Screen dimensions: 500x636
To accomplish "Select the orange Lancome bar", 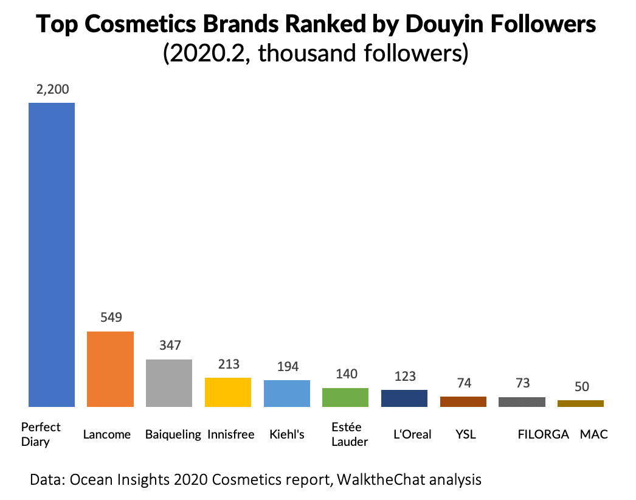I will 110,369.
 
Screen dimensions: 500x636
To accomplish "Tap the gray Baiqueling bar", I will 169,383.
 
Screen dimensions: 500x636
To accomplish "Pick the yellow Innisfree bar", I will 228,392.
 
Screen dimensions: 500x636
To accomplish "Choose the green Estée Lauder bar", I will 345,397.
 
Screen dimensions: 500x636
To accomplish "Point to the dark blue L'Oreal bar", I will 404,398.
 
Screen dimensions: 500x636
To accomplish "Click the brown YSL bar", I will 463,401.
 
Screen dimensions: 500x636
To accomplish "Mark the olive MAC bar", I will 581,403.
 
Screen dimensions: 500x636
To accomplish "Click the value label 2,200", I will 52,89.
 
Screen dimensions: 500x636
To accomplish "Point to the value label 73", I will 522,383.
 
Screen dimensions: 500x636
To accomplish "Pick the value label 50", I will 581,387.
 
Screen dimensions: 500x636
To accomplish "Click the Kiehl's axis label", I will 287,434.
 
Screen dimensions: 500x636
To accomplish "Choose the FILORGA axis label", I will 543,434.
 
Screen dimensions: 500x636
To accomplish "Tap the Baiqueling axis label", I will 173,434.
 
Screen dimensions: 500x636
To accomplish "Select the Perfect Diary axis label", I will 41,434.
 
